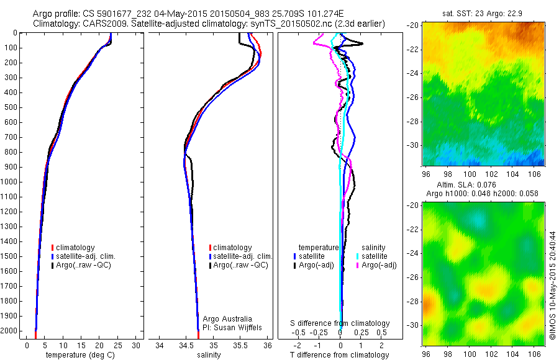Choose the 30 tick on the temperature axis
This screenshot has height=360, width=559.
[x=137, y=345]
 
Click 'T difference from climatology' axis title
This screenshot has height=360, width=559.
[x=339, y=354]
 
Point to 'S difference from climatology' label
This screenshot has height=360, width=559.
[x=340, y=323]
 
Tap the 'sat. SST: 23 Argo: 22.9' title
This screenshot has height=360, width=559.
[x=483, y=12]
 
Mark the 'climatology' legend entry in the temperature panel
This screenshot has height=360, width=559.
[x=76, y=248]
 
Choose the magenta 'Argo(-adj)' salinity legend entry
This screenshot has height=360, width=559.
[x=379, y=265]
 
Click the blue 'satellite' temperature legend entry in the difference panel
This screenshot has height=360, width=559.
[x=313, y=256]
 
